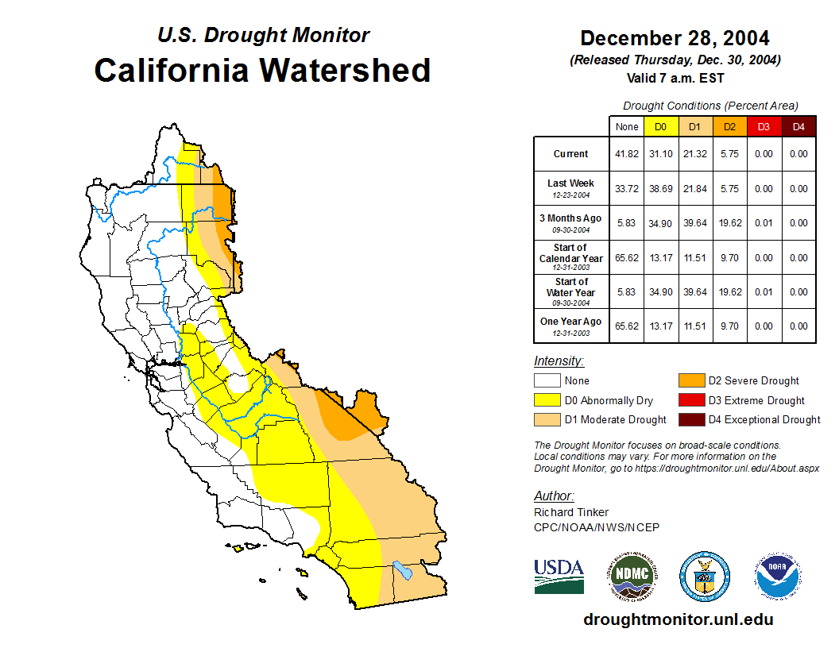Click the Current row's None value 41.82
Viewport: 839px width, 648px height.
coord(627,154)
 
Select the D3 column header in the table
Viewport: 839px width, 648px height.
coord(764,126)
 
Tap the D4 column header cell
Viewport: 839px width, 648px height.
coord(798,126)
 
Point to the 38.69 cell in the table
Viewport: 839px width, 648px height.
coord(660,189)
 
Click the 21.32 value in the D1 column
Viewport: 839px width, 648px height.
coord(695,154)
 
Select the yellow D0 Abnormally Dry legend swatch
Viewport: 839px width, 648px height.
coord(547,400)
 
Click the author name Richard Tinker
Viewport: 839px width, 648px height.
coord(571,512)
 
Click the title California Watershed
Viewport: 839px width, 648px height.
coord(262,70)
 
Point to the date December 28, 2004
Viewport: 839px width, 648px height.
coord(675,38)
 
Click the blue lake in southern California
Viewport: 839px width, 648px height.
coord(403,570)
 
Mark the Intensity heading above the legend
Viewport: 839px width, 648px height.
coord(559,361)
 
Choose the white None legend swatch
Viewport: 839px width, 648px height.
coord(547,381)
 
